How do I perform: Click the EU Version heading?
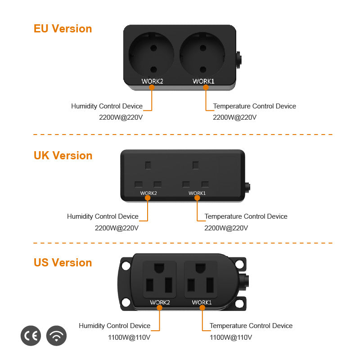coord(63,28)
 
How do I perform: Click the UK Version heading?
coord(63,155)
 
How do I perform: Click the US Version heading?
coord(63,262)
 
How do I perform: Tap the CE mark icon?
coord(31,336)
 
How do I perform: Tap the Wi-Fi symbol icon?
coord(56,336)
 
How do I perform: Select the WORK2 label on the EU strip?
coord(152,81)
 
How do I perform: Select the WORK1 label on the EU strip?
coord(203,81)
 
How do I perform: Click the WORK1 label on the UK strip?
coord(197,193)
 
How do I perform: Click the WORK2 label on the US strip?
coord(160,302)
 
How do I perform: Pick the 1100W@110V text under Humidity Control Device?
coord(129,337)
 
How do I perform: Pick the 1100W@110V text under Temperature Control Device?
coord(231,337)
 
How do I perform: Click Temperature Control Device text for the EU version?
coord(254,106)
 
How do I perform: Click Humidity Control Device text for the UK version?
coord(103,216)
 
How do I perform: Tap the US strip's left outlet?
coord(160,279)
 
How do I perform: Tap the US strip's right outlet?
coord(201,279)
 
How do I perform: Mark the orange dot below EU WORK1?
coord(206,88)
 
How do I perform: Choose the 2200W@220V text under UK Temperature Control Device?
coord(226,228)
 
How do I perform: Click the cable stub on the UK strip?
coord(247,185)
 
